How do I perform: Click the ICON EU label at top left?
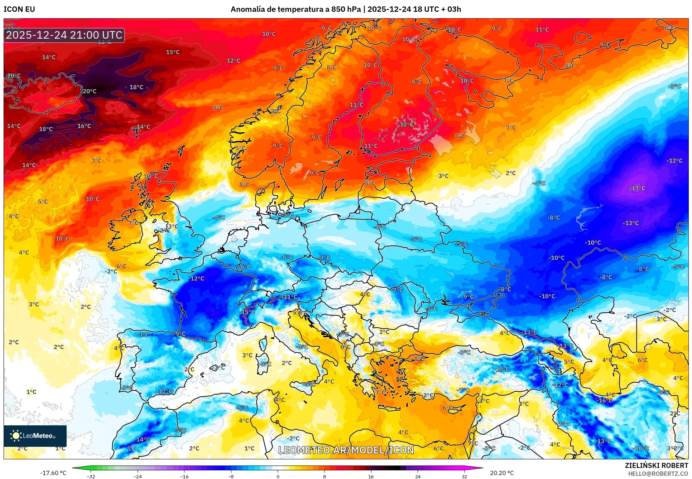click(19, 9)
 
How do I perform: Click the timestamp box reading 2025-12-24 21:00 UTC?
click(64, 35)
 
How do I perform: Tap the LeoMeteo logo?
click(35, 436)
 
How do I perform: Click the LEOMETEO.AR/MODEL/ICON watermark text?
click(346, 450)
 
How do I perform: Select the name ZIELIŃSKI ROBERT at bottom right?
click(656, 465)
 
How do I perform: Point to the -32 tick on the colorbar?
click(91, 476)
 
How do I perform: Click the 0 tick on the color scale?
click(278, 476)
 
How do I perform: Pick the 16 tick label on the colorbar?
click(371, 476)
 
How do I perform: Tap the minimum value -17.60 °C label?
click(53, 473)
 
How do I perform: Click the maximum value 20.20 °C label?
click(501, 473)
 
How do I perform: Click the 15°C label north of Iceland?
click(173, 52)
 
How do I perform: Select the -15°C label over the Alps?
click(248, 312)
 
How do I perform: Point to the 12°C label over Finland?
click(407, 124)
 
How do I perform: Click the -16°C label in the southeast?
click(605, 401)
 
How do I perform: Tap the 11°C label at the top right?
click(542, 30)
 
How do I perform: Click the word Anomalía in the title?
click(248, 9)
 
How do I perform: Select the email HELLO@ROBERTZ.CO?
click(658, 474)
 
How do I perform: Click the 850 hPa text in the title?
click(346, 9)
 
